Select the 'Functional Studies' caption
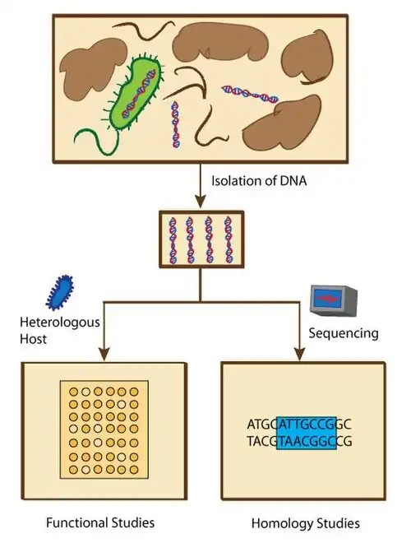[x=100, y=522]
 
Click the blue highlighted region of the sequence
[x=307, y=433]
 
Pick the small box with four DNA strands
[x=199, y=239]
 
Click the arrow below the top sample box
[x=199, y=184]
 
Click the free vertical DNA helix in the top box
[x=175, y=124]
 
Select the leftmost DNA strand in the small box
[x=175, y=239]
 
